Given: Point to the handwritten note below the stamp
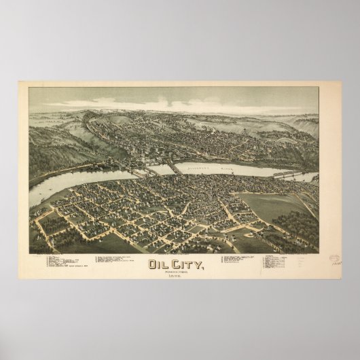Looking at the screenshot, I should (337, 268).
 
